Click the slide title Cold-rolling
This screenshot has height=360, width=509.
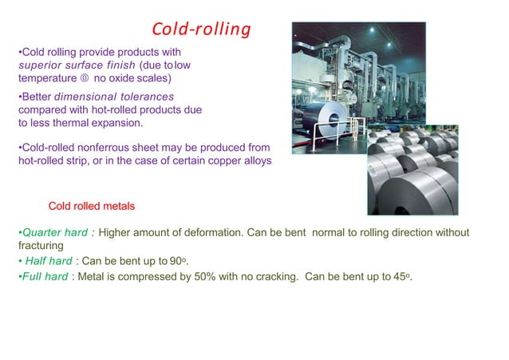pos(201,30)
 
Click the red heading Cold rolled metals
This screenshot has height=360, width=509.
pos(92,206)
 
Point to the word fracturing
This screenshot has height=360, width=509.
pos(41,246)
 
